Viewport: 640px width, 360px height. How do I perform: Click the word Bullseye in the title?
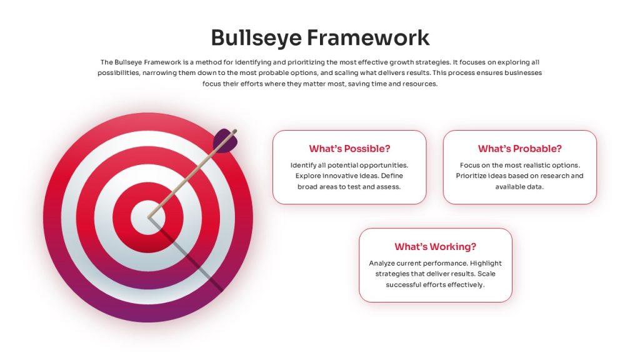coord(256,38)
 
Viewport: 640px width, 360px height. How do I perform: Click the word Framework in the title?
coord(368,37)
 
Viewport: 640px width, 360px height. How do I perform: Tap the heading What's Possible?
coord(349,149)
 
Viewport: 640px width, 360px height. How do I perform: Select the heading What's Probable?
coord(519,149)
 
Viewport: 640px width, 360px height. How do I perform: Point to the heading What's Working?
coord(435,246)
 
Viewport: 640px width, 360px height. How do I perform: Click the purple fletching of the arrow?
coord(224,141)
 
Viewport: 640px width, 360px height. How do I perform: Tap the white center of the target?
coord(148,217)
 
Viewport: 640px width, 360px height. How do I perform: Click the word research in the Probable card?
coord(554,176)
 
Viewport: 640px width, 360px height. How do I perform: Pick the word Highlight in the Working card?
coord(486,263)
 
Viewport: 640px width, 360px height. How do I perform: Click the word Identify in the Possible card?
coord(302,165)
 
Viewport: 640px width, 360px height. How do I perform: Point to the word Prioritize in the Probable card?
coord(471,176)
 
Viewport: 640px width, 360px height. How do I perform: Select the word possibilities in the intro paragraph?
coord(118,73)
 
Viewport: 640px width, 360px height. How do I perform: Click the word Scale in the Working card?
coord(486,274)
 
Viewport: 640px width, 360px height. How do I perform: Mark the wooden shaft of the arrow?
coord(192,174)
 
